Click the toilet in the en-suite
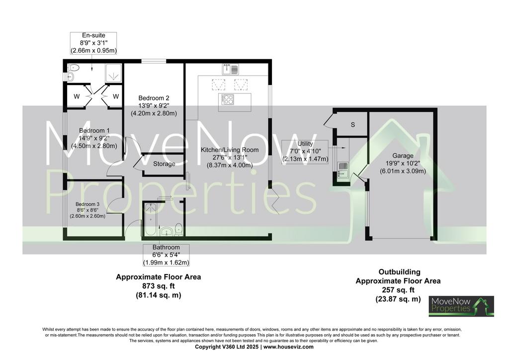coord(74,68)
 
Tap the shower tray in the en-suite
coord(114,73)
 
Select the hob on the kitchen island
coord(227,99)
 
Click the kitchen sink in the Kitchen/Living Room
coord(231,69)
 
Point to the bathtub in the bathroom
coord(150,219)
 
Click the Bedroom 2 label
coord(154,98)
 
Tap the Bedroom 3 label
coord(87,204)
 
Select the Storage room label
coord(164,164)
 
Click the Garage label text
coord(403,156)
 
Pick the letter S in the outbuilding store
coord(353,125)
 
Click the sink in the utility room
coord(343,170)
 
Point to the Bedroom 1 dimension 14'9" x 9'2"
coord(94,138)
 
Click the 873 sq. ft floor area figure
coord(159,286)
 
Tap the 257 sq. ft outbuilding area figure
coord(398,290)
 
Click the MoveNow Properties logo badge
coord(461,306)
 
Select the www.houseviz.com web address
coord(289,347)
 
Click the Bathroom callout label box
coord(166,255)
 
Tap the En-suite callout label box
coord(93,43)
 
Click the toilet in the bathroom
coord(179,229)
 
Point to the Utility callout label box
coord(305,151)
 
